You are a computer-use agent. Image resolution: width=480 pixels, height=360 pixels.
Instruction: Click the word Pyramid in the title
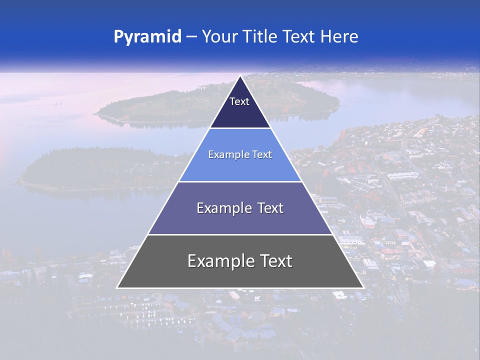click(x=147, y=37)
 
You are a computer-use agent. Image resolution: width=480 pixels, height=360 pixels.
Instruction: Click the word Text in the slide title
click(x=299, y=36)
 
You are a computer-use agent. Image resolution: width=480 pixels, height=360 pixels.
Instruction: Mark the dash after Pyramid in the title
click(x=191, y=37)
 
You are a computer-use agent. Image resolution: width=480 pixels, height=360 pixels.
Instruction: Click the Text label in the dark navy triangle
click(x=239, y=101)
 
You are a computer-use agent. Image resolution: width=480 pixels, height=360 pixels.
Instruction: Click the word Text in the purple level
click(x=270, y=208)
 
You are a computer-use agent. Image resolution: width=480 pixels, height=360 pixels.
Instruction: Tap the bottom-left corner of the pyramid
click(x=117, y=287)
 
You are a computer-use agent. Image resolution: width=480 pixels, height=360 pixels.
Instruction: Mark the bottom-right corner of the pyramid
click(x=363, y=287)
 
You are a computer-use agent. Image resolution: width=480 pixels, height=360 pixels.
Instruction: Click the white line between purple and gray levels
click(x=240, y=234)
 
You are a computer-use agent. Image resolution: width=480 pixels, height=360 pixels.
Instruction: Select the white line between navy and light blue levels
click(x=240, y=128)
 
